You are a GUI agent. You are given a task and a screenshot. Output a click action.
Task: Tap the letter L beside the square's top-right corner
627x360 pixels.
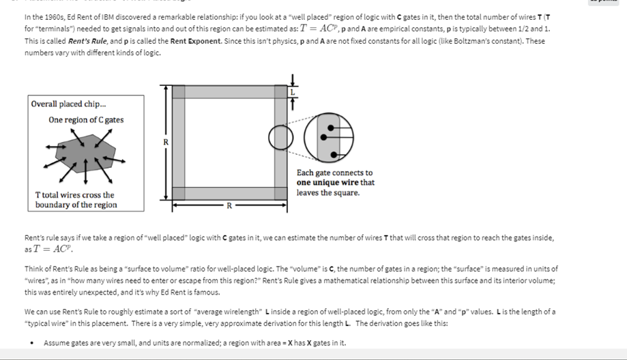[x=293, y=91]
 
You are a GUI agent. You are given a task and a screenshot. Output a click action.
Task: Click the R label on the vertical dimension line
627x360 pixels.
[x=165, y=141]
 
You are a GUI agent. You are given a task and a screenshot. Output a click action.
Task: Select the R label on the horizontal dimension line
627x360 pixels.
[x=229, y=205]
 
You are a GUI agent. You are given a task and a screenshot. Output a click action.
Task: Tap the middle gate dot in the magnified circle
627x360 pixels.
[x=330, y=140]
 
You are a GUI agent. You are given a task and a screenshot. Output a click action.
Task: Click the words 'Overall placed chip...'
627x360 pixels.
[x=68, y=104]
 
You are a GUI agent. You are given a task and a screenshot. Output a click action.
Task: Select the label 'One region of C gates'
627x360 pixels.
[x=86, y=120]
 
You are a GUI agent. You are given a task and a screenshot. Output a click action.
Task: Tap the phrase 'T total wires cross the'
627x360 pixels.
[x=74, y=195]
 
